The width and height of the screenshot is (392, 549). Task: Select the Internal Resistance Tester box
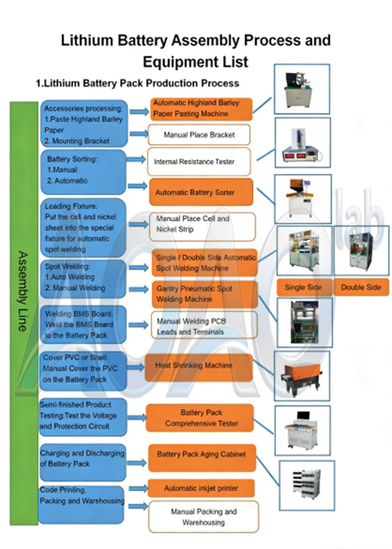pyautogui.click(x=199, y=162)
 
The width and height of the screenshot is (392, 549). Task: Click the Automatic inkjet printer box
pyautogui.click(x=201, y=488)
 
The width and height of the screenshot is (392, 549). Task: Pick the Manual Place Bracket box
pyautogui.click(x=199, y=135)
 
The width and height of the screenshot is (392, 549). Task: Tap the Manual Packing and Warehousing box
pyautogui.click(x=203, y=517)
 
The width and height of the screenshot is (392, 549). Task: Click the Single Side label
pyautogui.click(x=303, y=287)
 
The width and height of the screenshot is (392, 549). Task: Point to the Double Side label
pyautogui.click(x=361, y=287)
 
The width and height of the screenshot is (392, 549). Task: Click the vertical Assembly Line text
pyautogui.click(x=23, y=291)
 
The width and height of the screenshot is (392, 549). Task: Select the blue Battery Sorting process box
pyautogui.click(x=83, y=171)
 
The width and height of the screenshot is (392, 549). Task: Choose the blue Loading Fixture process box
pyautogui.click(x=82, y=228)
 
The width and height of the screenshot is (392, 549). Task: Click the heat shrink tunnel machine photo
pyautogui.click(x=301, y=375)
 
